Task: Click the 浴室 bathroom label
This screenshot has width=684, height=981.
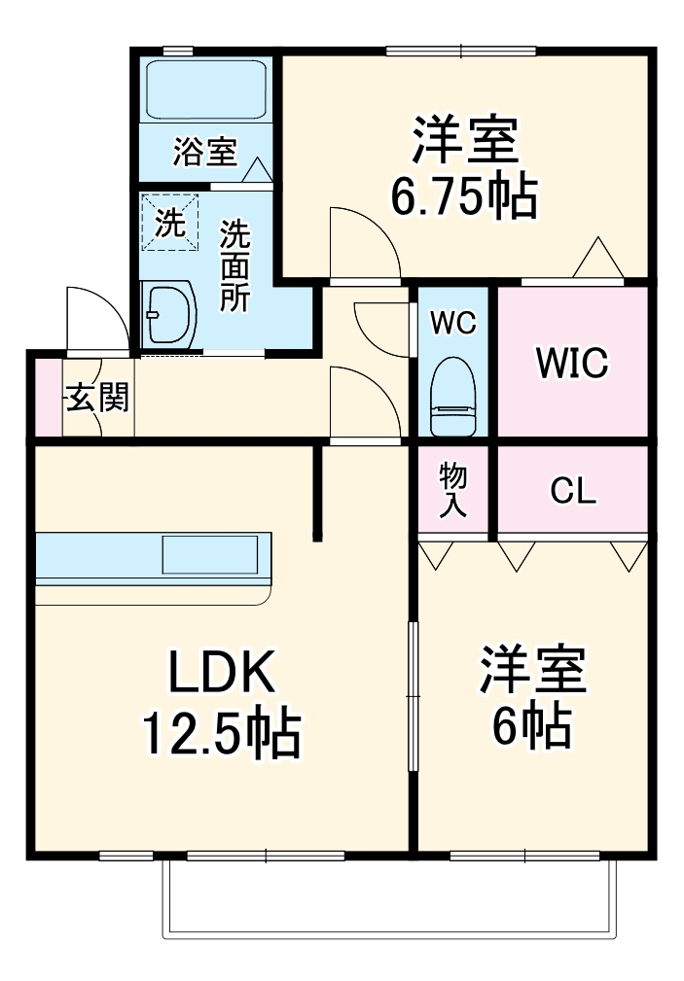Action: coord(204,152)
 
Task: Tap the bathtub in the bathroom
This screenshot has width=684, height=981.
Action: coord(205,90)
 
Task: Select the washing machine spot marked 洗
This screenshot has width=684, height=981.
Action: coord(170,223)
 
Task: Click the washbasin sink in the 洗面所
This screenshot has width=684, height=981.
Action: coord(169,313)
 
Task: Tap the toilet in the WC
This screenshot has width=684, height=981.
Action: coord(454,396)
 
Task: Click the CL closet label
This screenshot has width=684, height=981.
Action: coord(572,492)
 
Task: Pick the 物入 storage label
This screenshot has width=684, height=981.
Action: coord(453,490)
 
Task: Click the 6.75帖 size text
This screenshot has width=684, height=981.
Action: coord(463,198)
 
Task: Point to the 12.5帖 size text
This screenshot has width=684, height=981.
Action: coord(221,735)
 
